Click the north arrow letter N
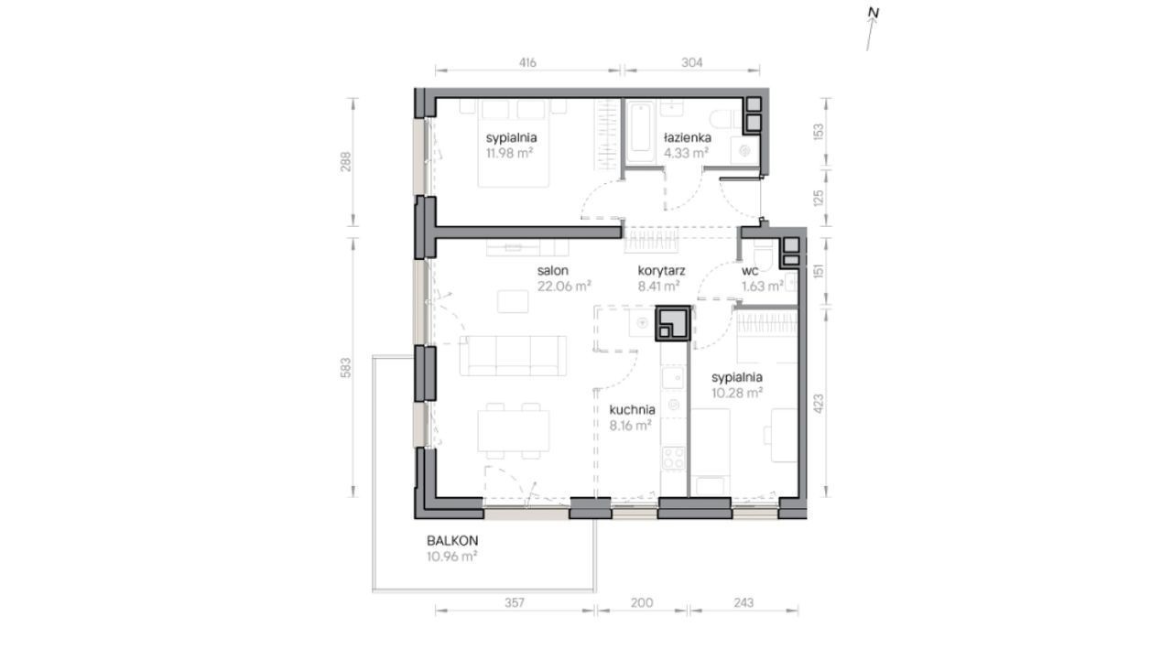874,13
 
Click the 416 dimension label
527,63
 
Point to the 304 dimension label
691,63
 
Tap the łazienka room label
688,137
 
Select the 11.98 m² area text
509,153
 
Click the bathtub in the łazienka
641,132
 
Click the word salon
552,271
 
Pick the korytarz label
661,271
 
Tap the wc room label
750,271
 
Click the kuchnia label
632,409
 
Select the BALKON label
452,541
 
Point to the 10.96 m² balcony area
451,557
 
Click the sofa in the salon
513,355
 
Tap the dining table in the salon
514,431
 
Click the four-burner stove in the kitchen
673,458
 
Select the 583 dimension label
346,368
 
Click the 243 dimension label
743,603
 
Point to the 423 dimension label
819,403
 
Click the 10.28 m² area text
737,393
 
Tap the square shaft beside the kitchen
673,323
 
